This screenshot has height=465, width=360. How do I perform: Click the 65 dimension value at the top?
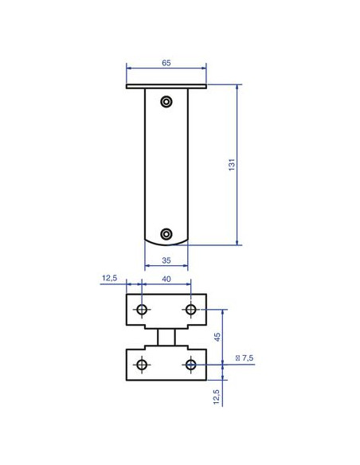pos(166,63)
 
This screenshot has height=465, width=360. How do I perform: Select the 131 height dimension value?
pos(232,165)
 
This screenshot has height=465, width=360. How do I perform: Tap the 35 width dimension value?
pos(166,260)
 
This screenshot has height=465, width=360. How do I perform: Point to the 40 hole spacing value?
pos(166,279)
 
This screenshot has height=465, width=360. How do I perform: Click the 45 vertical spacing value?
pos(217,337)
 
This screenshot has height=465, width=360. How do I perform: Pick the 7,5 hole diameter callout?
pos(245,358)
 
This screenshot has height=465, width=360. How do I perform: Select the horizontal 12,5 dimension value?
pos(109,278)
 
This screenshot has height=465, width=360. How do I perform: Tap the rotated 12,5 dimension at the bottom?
pos(216,397)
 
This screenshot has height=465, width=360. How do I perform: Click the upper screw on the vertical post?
pos(166,102)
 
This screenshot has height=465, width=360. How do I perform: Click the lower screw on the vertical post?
pos(166,234)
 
